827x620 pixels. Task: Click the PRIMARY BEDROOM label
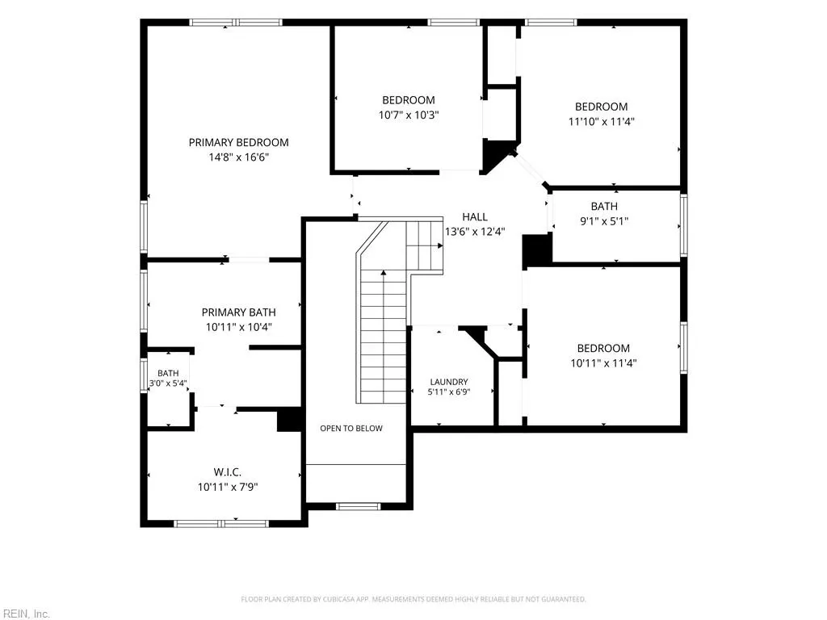[x=238, y=142]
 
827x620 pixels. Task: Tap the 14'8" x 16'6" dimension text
[x=239, y=157]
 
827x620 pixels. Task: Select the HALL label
[x=475, y=216]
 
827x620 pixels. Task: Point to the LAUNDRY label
[x=449, y=382]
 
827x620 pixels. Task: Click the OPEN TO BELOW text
[x=351, y=428]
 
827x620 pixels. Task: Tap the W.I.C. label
[x=227, y=472]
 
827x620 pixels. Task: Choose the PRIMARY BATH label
[x=238, y=312]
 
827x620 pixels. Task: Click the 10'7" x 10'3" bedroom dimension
[x=409, y=115]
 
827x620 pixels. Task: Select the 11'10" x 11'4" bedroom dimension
[x=601, y=121]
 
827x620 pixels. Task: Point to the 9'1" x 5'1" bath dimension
[x=604, y=221]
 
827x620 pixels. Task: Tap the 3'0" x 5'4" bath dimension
[x=168, y=383]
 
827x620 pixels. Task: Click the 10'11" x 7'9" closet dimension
[x=228, y=487]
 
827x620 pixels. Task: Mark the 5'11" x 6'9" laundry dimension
[x=449, y=392]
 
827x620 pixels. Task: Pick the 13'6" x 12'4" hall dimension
[x=475, y=232]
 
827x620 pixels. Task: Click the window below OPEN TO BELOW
[x=358, y=507]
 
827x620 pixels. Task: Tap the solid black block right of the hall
[x=537, y=252]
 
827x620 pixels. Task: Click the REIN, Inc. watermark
[x=25, y=614]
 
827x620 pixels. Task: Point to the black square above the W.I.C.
[x=289, y=420]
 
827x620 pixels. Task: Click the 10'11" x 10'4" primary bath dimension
[x=238, y=327]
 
